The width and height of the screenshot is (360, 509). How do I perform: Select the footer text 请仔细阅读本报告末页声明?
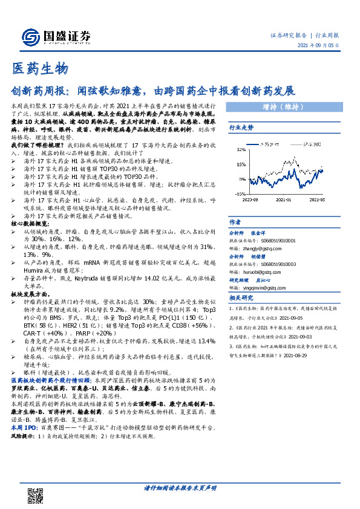pyautogui.click(x=180, y=488)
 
